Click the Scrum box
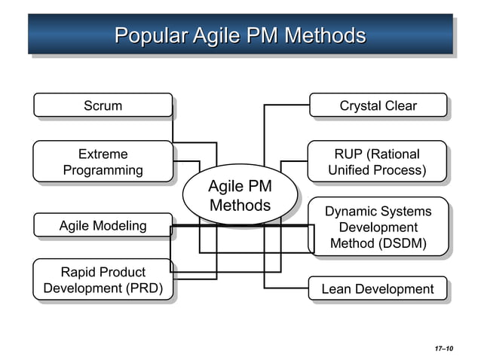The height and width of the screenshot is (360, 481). pos(103,105)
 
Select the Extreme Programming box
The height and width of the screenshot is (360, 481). pos(103,162)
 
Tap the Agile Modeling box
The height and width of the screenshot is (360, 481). pos(103,226)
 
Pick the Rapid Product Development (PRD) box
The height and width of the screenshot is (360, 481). pos(103,280)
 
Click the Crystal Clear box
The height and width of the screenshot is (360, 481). pos(378,105)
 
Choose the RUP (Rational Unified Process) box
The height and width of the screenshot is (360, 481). pos(377,162)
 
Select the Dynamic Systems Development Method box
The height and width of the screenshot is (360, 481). pos(378,227)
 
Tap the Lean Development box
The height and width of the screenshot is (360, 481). pos(378,289)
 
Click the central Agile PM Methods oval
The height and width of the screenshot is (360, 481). pos(240,195)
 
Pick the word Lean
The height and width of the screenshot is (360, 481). pos(335,289)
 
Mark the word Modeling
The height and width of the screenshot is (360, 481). pos(120,226)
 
